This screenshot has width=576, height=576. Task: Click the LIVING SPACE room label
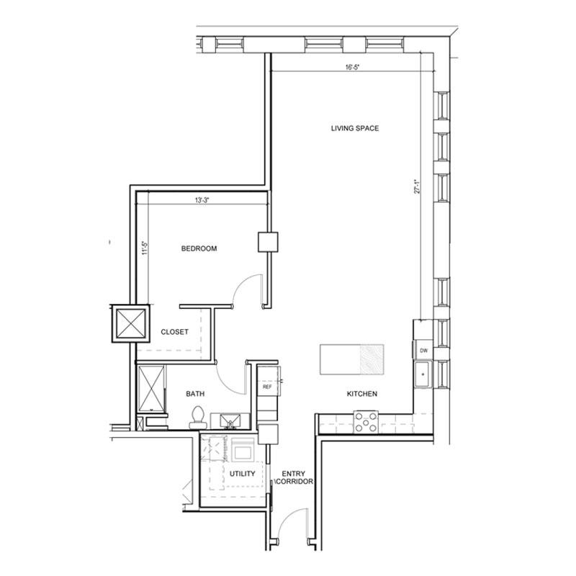point(354,128)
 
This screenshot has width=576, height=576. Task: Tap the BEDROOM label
point(199,248)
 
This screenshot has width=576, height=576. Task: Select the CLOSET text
point(174,332)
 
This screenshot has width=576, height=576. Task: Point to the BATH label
point(195,394)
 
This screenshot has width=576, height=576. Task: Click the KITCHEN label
point(362,394)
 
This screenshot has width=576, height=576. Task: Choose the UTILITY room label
point(242,474)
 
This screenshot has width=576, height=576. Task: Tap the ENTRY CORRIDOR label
point(294,477)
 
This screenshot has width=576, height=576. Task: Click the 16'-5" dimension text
point(351,67)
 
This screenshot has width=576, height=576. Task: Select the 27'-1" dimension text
point(417,186)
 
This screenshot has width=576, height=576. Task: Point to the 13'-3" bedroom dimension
point(202,200)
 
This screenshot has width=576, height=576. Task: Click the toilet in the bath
point(198,418)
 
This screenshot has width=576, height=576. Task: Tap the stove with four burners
point(366,422)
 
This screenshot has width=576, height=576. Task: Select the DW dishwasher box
point(423,351)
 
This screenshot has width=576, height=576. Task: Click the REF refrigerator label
point(267,387)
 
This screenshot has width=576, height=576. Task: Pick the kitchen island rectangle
point(351,359)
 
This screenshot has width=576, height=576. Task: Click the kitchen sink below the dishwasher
point(423,374)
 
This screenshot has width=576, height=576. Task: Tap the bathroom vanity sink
point(230,421)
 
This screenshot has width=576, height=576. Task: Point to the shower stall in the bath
point(151,389)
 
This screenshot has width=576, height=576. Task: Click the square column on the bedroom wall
point(268,242)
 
